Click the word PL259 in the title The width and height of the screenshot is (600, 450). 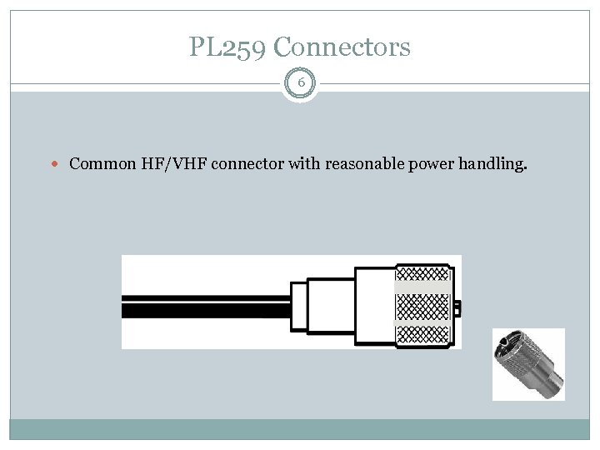coord(221,47)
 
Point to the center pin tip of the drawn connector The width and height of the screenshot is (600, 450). coord(457,308)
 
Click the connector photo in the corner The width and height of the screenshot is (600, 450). coord(528,364)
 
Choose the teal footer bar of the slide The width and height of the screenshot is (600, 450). coord(300,429)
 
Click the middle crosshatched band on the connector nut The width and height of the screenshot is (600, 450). coord(423,307)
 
